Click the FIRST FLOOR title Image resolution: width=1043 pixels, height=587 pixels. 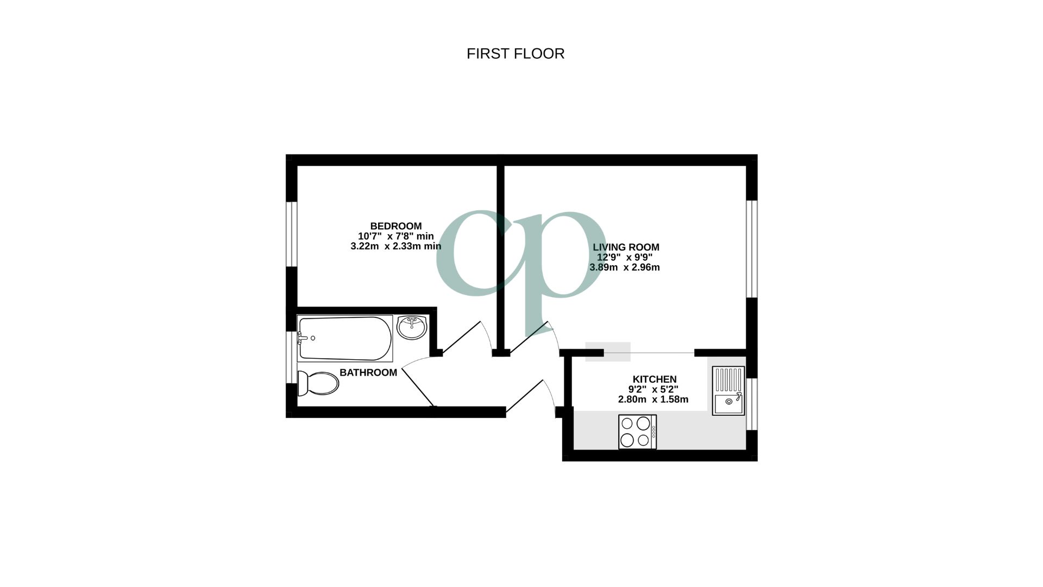(516, 53)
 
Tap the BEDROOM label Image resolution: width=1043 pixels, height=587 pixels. (395, 226)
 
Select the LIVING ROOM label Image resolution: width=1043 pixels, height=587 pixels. (626, 247)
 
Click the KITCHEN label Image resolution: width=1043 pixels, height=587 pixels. (654, 379)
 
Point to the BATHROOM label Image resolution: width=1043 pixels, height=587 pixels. (368, 372)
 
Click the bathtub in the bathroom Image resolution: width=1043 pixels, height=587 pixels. (344, 338)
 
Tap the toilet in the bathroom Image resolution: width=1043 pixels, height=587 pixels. (318, 383)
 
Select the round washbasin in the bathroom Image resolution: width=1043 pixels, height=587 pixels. (412, 327)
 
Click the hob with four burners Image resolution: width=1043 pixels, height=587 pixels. (637, 432)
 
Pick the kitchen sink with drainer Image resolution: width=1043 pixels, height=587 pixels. (728, 391)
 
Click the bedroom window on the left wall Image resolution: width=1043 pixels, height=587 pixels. (292, 234)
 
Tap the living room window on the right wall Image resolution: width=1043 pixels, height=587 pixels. (752, 249)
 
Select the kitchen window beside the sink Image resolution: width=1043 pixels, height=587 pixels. (752, 403)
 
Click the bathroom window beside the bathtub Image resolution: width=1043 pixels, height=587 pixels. (291, 357)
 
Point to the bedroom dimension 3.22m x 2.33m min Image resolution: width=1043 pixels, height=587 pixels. (395, 246)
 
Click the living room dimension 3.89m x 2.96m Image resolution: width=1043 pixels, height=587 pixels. (624, 267)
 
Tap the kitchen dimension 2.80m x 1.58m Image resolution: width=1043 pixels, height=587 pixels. (653, 399)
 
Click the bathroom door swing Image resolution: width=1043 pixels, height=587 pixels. (418, 383)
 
